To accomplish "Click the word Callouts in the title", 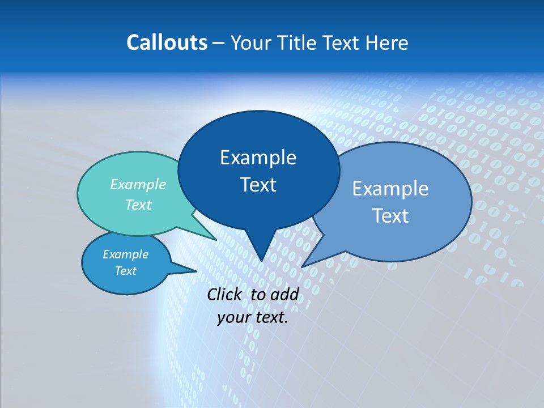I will tap(167, 42).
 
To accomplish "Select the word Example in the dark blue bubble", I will tap(258, 158).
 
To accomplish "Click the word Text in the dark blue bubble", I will tap(258, 185).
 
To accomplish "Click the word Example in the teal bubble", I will tap(138, 184).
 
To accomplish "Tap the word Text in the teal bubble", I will tap(138, 205).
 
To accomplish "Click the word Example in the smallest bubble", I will tap(125, 254).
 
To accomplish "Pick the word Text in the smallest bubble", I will tap(125, 271).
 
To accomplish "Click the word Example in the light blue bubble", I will tap(390, 189).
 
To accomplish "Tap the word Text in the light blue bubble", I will tap(390, 216).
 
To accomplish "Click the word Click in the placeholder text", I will tap(225, 294).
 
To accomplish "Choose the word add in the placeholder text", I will tap(284, 294).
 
